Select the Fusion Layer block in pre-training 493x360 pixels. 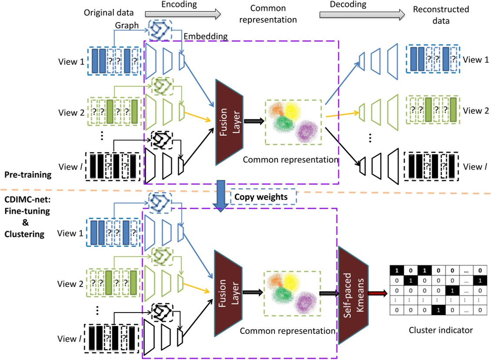(x=229, y=123)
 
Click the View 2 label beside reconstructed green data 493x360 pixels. (x=474, y=110)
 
